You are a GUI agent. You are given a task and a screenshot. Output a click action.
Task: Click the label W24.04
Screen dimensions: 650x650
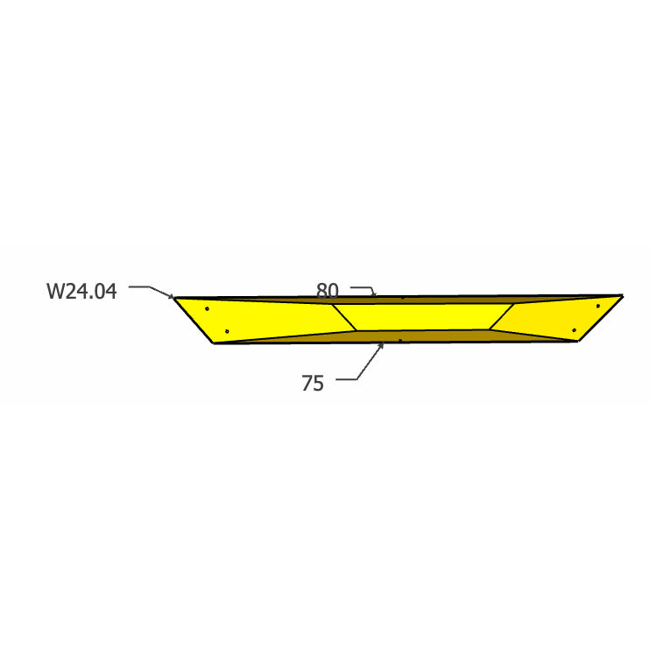81,291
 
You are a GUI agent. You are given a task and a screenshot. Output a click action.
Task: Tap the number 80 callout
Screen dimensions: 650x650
327,291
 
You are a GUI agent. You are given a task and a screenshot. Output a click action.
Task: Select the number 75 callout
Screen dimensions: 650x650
313,384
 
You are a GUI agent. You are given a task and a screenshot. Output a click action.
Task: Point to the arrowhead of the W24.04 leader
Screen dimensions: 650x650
172,296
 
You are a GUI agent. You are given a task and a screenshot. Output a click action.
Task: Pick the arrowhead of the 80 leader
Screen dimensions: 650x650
374,294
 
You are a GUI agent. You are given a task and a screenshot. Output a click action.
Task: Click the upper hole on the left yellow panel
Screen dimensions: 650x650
208,308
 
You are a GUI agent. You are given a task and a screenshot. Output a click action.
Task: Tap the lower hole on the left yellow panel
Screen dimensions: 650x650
227,331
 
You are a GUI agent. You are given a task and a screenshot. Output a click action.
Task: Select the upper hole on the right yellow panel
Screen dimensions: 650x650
597,306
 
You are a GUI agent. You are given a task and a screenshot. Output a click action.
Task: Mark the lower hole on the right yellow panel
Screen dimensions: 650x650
574,330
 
